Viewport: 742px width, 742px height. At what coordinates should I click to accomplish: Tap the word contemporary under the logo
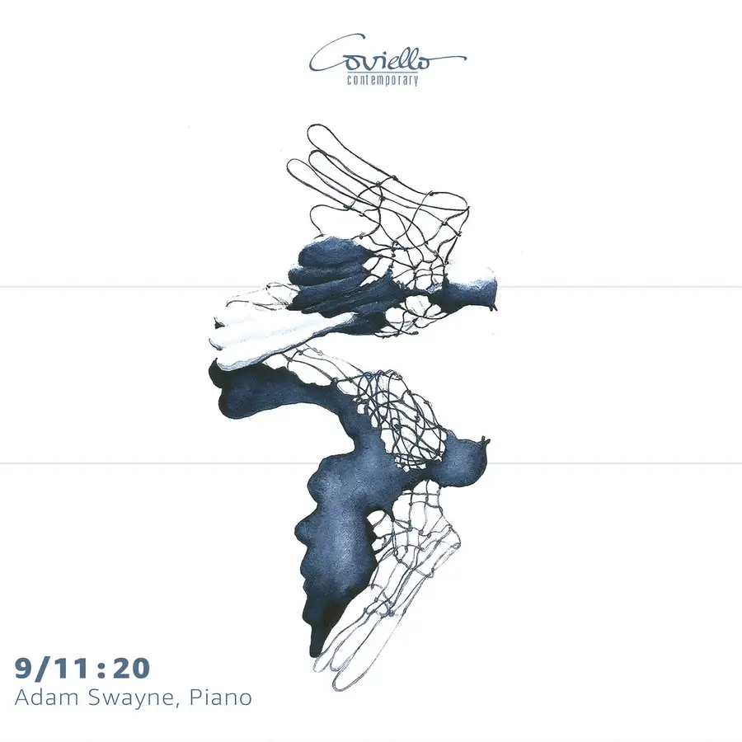pos(383,80)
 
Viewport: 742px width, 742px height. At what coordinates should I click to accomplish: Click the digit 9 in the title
pos(24,668)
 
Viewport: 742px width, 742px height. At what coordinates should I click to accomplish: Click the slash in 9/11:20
pos(43,669)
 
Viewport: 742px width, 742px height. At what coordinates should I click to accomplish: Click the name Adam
pos(45,698)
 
